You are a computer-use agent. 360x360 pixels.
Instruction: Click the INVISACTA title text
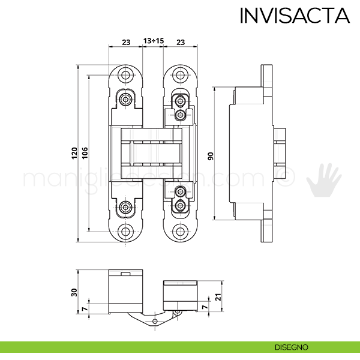click(294, 15)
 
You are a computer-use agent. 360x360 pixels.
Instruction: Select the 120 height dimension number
click(74, 153)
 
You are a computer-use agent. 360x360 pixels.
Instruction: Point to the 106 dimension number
click(85, 153)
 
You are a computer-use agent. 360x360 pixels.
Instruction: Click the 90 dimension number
click(211, 155)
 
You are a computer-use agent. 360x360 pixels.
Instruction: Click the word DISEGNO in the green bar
click(292, 347)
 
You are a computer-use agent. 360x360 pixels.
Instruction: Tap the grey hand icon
click(324, 179)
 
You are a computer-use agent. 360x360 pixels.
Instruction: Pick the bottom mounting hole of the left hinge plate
click(126, 231)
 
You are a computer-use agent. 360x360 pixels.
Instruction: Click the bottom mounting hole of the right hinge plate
click(180, 231)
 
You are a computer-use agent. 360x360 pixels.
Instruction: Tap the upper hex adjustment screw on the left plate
click(125, 98)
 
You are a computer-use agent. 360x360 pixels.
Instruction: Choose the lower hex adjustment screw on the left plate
click(125, 208)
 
